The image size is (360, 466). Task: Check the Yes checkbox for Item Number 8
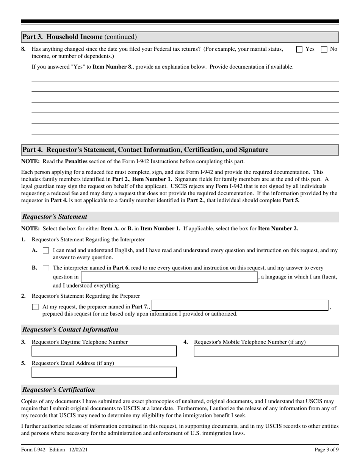299,49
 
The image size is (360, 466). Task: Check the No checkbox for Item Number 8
324,49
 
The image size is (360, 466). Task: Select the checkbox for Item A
46,250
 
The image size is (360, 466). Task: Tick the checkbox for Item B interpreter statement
46,268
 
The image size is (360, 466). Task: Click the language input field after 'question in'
169,277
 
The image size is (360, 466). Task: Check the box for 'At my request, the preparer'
35,307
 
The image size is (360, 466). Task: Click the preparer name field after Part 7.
240,306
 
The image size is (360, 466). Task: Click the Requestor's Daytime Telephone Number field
104,351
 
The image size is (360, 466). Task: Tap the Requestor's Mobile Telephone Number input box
266,351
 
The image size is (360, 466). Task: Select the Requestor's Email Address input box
104,372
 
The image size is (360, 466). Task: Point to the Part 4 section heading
145,150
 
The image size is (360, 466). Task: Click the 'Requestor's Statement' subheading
55,217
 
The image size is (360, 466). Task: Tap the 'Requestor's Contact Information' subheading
70,329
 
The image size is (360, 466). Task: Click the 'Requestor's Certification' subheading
59,389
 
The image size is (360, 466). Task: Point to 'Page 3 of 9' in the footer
327,450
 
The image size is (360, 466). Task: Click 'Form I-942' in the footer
33,450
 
